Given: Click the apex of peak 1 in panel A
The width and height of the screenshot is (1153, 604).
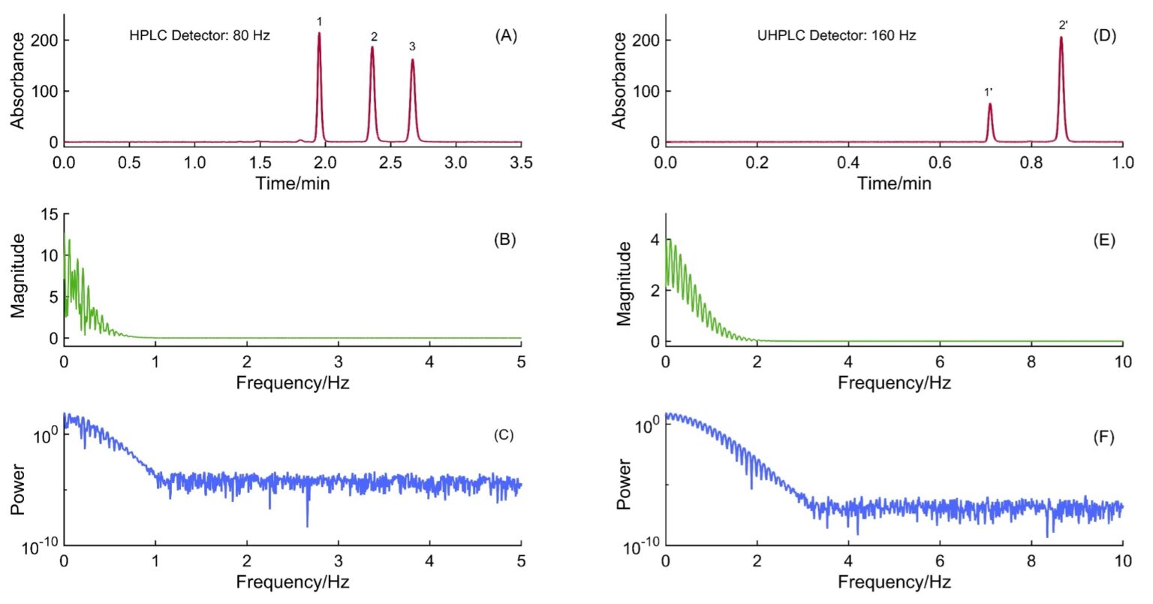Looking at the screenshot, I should point(319,34).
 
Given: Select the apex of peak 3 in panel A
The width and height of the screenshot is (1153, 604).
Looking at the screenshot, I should point(412,60).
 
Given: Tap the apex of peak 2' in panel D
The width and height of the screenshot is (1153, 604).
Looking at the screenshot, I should point(1061,38).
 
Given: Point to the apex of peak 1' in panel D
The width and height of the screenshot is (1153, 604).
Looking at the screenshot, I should point(989,104).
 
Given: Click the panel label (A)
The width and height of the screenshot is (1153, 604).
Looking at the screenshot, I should point(506,35).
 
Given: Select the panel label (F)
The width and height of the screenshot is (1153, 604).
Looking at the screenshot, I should point(1103,437).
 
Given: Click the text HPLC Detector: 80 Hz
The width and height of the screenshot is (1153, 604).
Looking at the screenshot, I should point(200,35).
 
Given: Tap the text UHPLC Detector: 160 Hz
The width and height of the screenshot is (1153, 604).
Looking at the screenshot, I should point(836,35).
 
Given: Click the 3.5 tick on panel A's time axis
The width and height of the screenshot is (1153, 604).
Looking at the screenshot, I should point(521,163).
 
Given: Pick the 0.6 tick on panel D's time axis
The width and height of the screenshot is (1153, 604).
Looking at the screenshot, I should point(940,163).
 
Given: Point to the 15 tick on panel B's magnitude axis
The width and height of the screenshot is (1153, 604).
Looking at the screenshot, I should point(50,214).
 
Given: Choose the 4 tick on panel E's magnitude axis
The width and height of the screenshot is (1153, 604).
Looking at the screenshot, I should point(655,240).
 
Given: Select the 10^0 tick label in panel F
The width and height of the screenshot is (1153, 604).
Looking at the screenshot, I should point(643,425).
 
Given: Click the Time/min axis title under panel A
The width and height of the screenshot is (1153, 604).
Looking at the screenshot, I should point(292,183).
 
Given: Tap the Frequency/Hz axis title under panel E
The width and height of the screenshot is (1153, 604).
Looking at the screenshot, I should point(894,383).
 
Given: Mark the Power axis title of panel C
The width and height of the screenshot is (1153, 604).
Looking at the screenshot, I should point(18,489).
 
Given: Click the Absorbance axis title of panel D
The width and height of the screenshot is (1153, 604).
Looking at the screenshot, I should point(620,80).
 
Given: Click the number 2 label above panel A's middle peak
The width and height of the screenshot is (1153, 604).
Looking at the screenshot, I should point(374,37).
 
